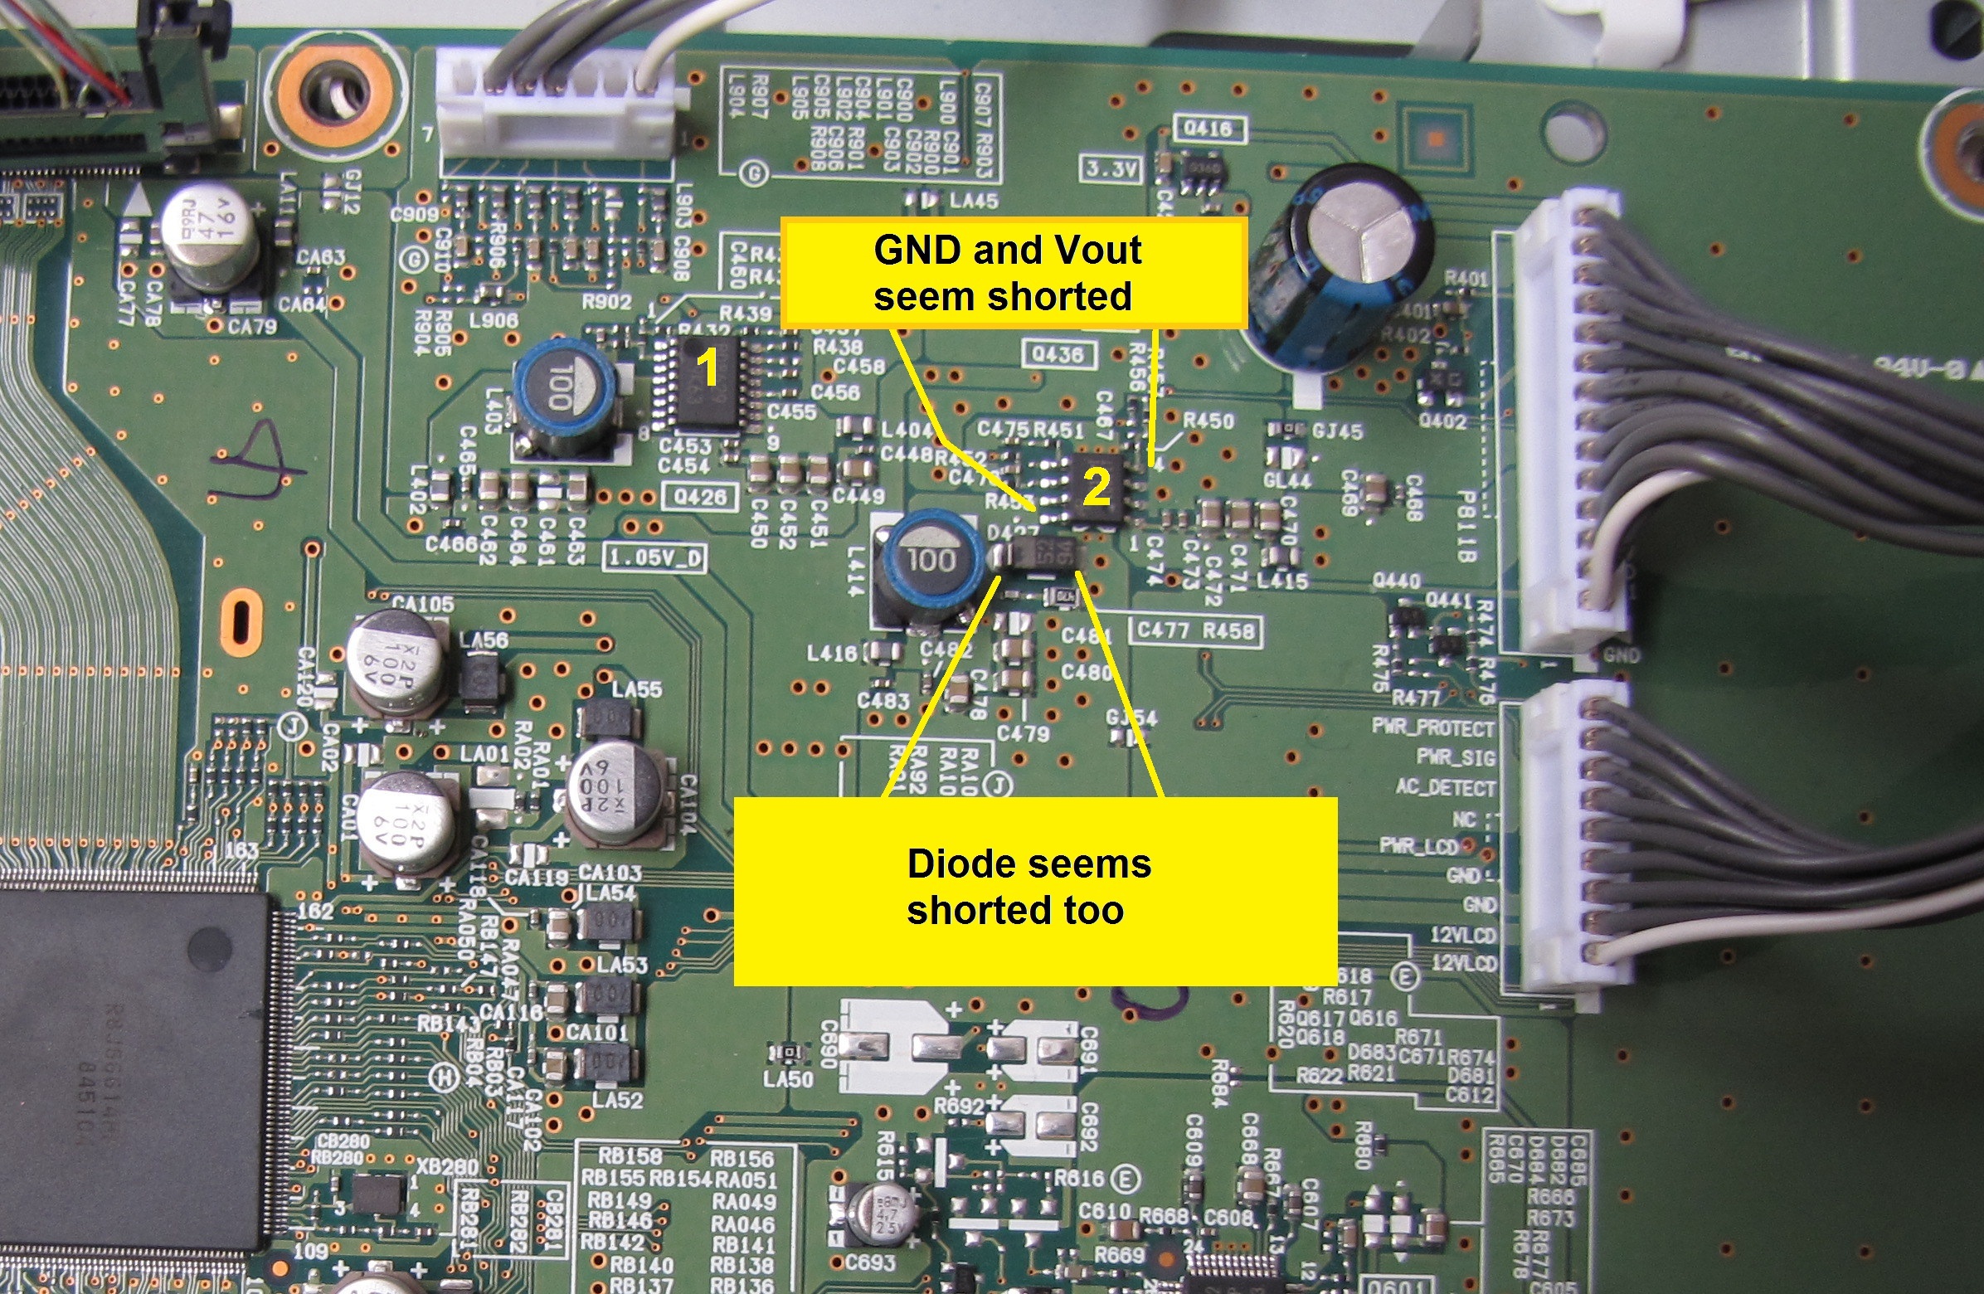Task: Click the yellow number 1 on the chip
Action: coord(707,367)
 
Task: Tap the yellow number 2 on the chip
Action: coord(1097,487)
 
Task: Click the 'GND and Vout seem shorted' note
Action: coord(1012,273)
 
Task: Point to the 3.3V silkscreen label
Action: coord(1111,169)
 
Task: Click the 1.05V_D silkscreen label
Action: coord(654,557)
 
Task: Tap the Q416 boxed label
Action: coord(1208,129)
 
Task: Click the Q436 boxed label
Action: coord(1057,354)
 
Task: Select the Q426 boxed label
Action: coord(699,497)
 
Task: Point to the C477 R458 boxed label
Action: coord(1194,630)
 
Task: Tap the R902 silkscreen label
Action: coord(606,302)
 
